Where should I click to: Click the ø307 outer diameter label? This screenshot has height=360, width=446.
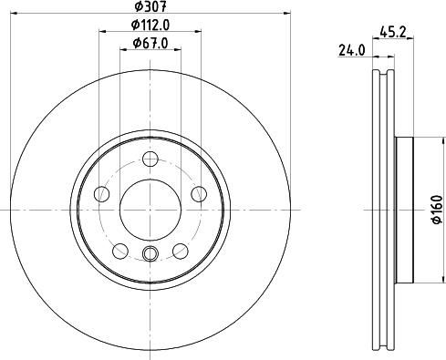click(x=150, y=9)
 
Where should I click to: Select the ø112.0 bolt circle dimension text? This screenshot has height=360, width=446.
click(x=150, y=26)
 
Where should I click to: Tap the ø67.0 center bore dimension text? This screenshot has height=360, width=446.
click(x=150, y=43)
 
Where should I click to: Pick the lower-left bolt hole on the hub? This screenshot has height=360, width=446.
click(x=119, y=251)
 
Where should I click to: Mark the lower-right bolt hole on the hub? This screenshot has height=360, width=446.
click(x=181, y=251)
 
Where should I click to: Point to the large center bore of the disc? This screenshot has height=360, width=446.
click(x=150, y=207)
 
